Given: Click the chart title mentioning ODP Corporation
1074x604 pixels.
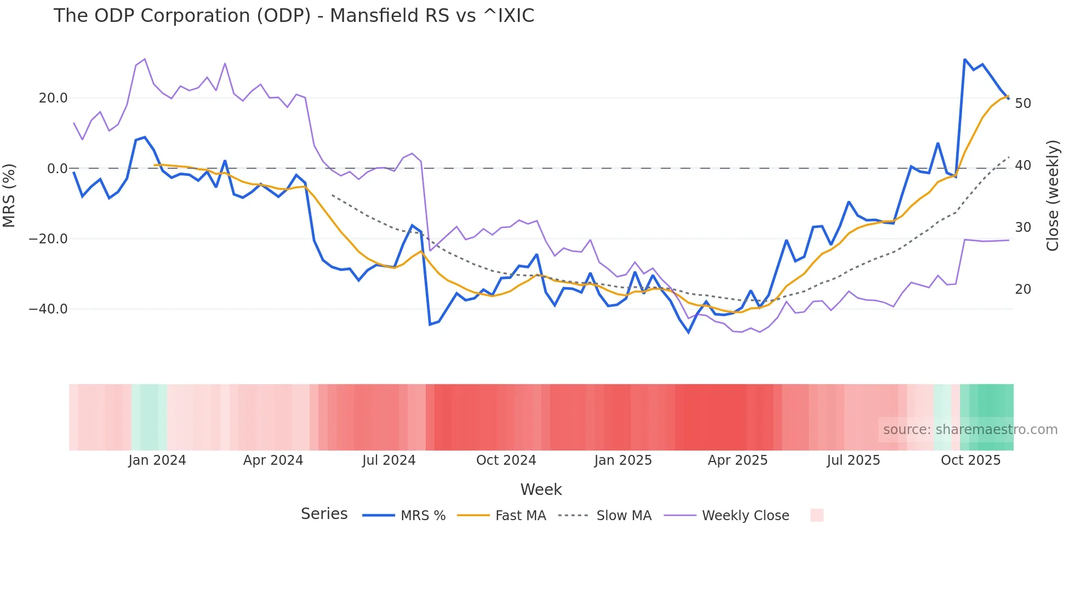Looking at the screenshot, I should click(294, 16).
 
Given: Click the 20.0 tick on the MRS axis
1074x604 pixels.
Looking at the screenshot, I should click(53, 98).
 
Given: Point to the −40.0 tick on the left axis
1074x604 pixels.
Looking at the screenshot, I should click(48, 309).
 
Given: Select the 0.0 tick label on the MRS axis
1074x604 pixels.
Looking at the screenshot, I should click(57, 168).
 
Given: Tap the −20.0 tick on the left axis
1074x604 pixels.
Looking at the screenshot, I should click(48, 239).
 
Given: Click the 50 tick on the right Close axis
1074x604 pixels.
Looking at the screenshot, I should click(1022, 104).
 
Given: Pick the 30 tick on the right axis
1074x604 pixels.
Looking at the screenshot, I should click(1022, 227).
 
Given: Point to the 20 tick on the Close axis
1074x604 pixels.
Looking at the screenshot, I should click(1022, 289).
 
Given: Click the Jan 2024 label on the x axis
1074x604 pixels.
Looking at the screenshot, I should click(157, 460).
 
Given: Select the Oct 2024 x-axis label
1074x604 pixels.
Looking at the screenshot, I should click(506, 460).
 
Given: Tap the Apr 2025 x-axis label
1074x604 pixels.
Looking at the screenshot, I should click(738, 460).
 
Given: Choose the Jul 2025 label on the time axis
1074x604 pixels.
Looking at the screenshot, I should click(853, 460).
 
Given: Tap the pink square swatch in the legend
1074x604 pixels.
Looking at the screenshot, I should click(816, 515).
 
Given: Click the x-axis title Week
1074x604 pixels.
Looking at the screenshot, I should click(541, 489).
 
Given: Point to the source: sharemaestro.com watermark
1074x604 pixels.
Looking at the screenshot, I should click(970, 430).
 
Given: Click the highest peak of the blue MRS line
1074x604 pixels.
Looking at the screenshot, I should click(964, 60).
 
